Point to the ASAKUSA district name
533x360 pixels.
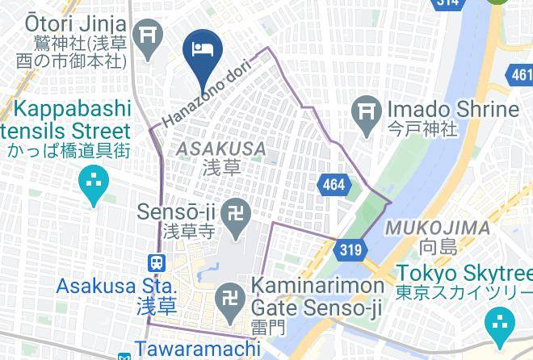click(x=220, y=149)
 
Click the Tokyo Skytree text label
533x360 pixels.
click(x=464, y=282)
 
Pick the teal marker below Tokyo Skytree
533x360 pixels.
click(x=502, y=325)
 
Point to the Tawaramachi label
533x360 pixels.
click(x=198, y=350)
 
